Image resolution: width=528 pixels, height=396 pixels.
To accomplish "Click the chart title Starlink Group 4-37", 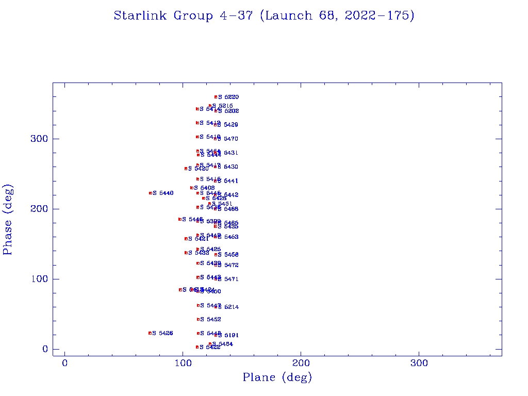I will [264, 16].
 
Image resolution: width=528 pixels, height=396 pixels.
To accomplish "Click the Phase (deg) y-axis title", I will [8, 219].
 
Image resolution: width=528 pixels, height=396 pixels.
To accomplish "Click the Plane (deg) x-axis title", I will [277, 378].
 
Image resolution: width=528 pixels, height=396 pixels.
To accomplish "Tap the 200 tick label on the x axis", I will [301, 364].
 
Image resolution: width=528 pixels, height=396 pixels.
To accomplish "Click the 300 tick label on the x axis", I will [419, 364].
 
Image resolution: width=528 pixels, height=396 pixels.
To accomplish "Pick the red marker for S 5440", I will [151, 193].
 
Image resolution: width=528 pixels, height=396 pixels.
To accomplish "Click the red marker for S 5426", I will [150, 333].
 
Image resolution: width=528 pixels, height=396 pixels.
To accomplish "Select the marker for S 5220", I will [216, 97].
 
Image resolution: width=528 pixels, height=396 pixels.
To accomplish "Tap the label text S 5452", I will [210, 320].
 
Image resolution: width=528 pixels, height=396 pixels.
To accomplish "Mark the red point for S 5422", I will [197, 347].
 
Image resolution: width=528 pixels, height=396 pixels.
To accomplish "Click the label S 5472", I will [228, 265].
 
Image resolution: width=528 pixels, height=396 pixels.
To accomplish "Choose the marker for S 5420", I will [186, 169].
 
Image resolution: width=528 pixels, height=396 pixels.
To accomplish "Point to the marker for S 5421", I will [186, 239].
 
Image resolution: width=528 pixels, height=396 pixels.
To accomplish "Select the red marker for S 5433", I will [186, 253].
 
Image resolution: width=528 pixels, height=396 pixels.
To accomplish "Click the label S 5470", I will [228, 139].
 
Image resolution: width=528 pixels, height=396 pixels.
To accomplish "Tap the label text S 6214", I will [228, 307].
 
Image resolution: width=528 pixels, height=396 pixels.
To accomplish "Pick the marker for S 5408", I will [192, 188].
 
